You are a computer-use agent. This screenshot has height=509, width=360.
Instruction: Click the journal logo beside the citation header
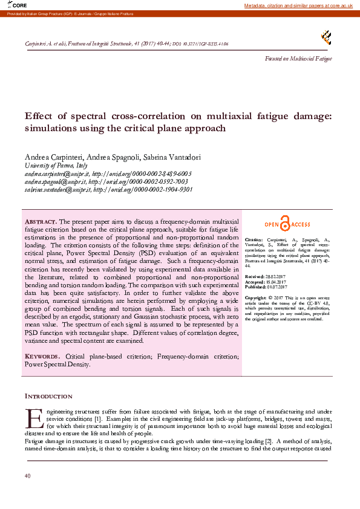(326, 38)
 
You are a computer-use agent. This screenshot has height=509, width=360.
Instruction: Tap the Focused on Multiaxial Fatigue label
(299, 58)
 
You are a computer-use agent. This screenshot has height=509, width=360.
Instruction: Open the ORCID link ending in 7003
(139, 181)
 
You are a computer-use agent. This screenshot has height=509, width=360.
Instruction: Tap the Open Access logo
(287, 225)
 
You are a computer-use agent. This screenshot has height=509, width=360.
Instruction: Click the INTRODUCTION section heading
(48, 396)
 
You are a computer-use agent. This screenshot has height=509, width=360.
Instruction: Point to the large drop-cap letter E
(34, 418)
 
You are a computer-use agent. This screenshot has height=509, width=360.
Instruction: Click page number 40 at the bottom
(27, 476)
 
